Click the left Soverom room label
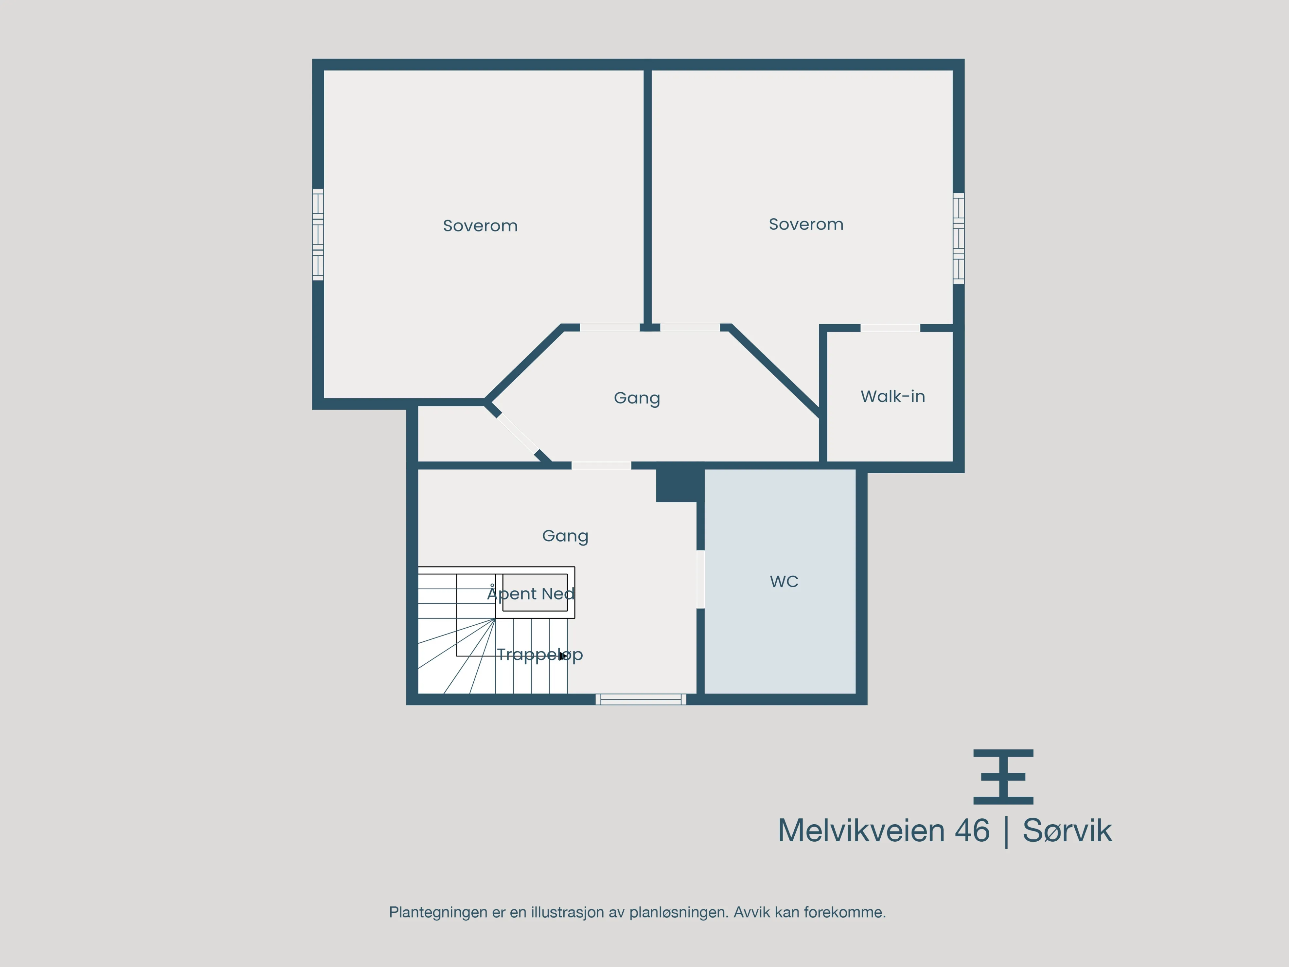coord(480,225)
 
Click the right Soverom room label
coord(806,224)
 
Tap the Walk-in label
coord(893,396)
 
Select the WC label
coord(784,581)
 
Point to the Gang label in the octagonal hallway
coord(637,398)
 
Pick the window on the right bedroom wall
coord(959,239)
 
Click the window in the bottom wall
coord(641,699)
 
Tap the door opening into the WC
coord(700,580)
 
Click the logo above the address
coord(1003,777)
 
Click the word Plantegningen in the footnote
coord(438,913)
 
